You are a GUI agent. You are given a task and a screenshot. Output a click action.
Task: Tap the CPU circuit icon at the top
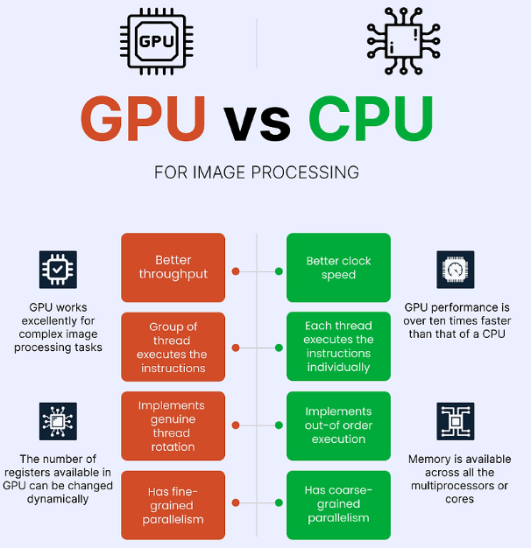click(x=403, y=40)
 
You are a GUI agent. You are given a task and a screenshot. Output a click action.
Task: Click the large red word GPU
click(x=144, y=120)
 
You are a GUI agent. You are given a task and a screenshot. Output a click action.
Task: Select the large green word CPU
click(x=371, y=120)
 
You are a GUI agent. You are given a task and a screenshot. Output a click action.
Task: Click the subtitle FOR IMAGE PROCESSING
click(x=257, y=172)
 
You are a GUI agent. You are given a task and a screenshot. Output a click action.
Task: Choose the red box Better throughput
click(x=173, y=267)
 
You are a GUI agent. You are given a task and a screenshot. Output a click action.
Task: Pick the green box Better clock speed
click(x=338, y=267)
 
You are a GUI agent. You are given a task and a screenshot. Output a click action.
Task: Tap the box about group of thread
click(x=173, y=347)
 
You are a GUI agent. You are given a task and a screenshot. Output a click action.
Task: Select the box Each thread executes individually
click(x=338, y=347)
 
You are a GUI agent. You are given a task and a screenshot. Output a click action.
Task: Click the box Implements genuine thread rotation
click(x=173, y=426)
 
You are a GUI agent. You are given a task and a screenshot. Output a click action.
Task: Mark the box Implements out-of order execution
click(x=338, y=425)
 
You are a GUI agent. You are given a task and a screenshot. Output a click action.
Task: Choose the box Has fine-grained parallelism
click(x=173, y=505)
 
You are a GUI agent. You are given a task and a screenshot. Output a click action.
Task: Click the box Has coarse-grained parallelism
click(x=338, y=505)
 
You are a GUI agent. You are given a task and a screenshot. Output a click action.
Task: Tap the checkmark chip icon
click(x=59, y=270)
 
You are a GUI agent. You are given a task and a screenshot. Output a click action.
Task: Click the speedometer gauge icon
click(x=455, y=270)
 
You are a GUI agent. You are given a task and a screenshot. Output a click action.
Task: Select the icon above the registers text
click(x=59, y=421)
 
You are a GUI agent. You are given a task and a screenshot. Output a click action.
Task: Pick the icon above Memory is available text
click(x=455, y=421)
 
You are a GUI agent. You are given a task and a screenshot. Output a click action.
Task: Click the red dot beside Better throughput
click(x=235, y=271)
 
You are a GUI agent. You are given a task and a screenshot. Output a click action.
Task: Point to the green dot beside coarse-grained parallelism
click(x=279, y=502)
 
